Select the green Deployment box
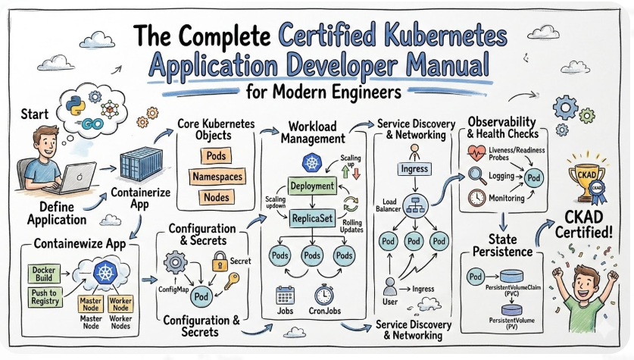(x=311, y=186)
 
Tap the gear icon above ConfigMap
(x=175, y=264)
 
